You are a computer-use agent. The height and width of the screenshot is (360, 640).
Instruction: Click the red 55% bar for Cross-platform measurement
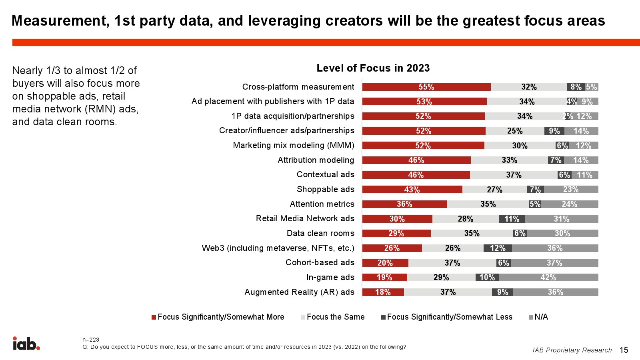426,87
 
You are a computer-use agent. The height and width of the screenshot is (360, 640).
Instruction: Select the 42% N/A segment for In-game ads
548,278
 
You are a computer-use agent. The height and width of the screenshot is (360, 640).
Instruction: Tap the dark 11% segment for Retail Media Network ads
512,219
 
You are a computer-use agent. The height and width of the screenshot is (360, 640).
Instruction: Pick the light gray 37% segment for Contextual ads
514,175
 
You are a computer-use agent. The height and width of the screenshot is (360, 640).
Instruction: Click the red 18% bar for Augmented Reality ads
383,292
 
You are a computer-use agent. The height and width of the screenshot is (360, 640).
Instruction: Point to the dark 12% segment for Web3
498,248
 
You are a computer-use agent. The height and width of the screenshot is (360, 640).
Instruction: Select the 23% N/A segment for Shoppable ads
571,190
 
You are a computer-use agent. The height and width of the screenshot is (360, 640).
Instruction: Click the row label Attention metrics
322,204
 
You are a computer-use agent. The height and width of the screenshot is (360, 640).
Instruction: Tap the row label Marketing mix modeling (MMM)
294,145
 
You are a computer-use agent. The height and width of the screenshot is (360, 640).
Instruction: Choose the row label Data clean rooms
320,233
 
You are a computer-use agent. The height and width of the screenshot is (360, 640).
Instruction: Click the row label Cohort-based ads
320,262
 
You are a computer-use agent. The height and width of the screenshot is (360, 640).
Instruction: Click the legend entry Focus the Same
335,317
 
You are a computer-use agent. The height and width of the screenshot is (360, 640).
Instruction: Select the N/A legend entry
541,317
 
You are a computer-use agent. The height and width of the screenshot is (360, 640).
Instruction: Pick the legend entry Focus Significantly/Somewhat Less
449,317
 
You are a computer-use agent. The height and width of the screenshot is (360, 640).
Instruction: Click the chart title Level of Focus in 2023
373,68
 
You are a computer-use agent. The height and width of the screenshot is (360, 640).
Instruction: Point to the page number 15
624,350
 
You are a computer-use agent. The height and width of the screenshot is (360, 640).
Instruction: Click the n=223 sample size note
91,340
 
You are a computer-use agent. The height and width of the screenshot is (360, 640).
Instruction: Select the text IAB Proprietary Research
572,350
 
